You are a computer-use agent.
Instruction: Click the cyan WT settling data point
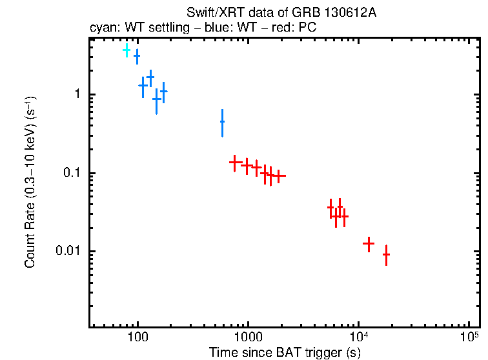point(127,50)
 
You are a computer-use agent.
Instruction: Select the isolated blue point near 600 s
point(222,121)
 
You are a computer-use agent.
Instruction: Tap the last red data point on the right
point(386,255)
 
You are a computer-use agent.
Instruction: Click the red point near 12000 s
point(369,243)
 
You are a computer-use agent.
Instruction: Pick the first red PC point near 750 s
point(236,163)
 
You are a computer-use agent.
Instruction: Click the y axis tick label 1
point(76,95)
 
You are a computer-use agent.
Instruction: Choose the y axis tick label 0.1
point(70,173)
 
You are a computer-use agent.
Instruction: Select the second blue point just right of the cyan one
point(136,56)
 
